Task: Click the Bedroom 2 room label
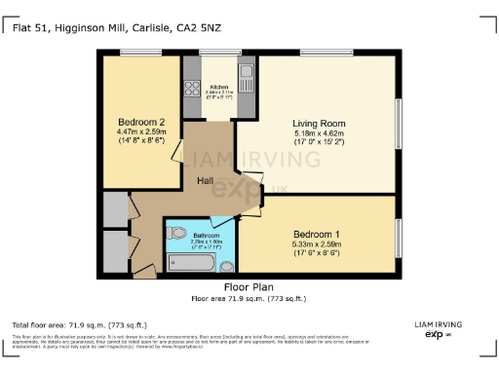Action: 135,122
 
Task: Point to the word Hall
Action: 206,181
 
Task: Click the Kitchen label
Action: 218,88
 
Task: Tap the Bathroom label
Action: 206,236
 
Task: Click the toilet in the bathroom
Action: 177,235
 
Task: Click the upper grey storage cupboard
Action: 114,208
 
